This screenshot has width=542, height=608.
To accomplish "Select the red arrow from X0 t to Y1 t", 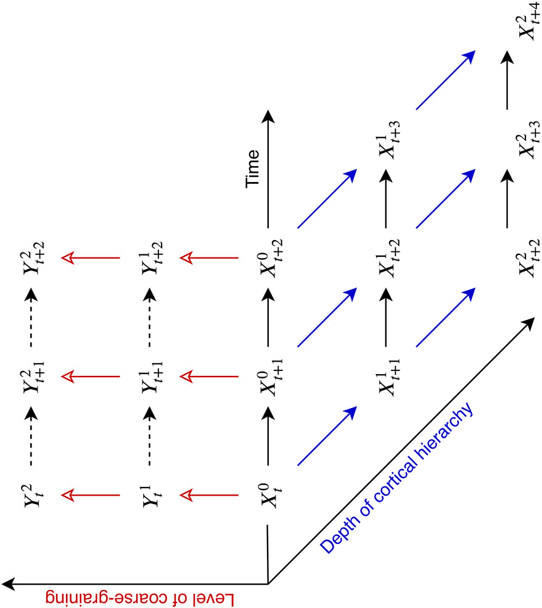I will coord(210,494).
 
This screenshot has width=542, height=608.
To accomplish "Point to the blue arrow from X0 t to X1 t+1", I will coord(327,435).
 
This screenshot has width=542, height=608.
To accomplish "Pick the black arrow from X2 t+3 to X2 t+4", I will coord(507,80).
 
